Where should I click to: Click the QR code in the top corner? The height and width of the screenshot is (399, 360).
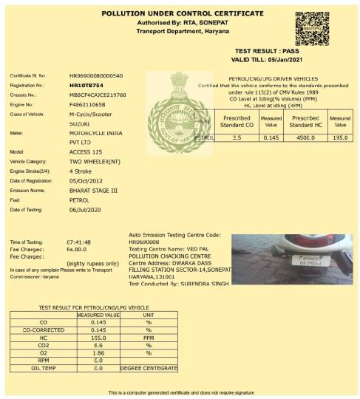[x=312, y=29]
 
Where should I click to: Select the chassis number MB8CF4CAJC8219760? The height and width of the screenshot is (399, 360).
[x=98, y=95]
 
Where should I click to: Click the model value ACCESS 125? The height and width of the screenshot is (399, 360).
[x=86, y=151]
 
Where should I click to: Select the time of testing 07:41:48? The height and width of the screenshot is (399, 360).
[x=78, y=242]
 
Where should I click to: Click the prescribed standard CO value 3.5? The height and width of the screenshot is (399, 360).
[x=237, y=137]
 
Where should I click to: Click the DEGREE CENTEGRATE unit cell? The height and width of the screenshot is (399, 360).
[x=149, y=368]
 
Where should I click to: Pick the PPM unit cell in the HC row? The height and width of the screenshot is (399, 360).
[x=149, y=337]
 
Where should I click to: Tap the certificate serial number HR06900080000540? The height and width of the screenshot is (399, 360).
[x=96, y=76]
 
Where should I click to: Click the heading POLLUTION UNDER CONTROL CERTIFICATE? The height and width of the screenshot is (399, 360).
[x=182, y=13]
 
